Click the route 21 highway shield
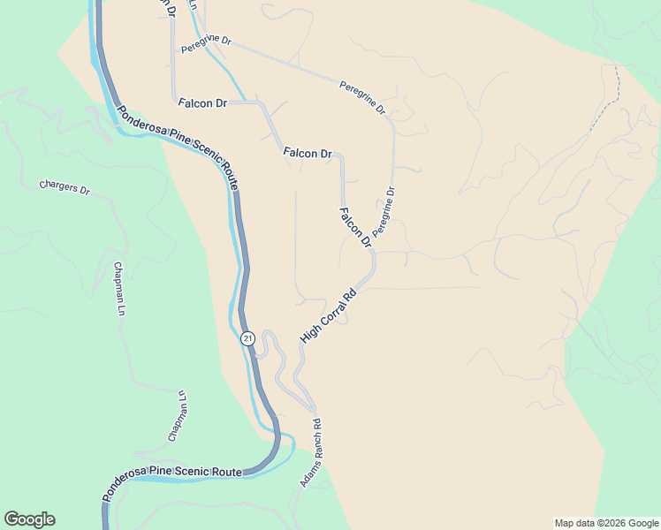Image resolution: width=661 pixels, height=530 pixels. (x=247, y=337)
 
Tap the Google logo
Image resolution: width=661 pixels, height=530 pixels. (x=29, y=519)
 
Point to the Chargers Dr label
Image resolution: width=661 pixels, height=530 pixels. (x=65, y=188)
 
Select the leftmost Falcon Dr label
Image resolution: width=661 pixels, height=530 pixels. (x=202, y=103)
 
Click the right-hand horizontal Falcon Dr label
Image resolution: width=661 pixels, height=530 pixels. (x=308, y=153)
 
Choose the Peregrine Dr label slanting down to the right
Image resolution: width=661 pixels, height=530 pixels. (x=362, y=97)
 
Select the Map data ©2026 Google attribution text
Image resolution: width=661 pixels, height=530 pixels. (x=606, y=523)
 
